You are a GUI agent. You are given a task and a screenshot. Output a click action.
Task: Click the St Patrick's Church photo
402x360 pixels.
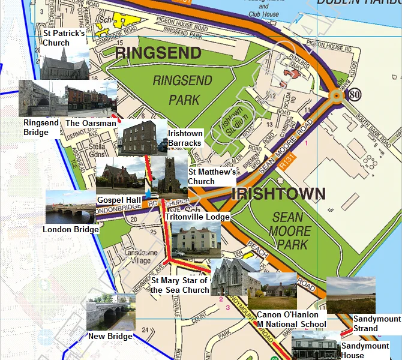[x=65, y=63]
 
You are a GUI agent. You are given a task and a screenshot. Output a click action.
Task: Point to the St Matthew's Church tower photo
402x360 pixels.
[x=169, y=178]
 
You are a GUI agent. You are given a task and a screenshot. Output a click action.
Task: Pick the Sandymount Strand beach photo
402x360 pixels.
[x=351, y=295]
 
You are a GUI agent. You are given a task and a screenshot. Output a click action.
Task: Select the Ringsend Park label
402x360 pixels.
[x=175, y=89]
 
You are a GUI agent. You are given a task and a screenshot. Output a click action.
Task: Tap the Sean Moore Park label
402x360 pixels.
[x=290, y=230]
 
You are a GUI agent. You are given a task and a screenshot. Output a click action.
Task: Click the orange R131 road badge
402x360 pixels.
[x=287, y=163]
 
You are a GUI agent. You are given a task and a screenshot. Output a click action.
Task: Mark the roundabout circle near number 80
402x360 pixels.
[x=336, y=95]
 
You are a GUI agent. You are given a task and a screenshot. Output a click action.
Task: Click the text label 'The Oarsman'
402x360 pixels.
[x=91, y=123]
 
